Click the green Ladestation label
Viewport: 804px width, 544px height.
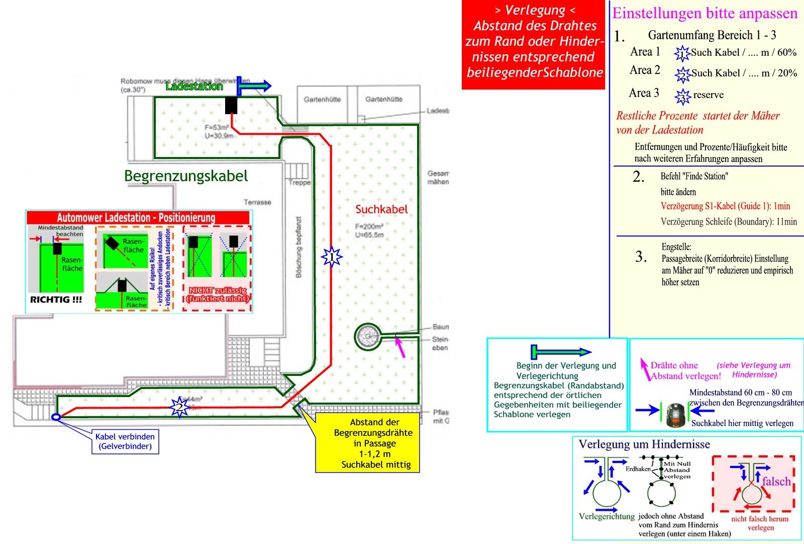coord(194,87)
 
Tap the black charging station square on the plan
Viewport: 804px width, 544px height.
coord(231,105)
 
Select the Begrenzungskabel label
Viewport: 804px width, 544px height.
coord(186,176)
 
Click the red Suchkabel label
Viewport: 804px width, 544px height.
coord(381,209)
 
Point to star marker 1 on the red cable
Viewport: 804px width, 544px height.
coord(332,258)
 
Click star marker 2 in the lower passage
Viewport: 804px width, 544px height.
coord(179,407)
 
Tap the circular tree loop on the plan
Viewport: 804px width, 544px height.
coord(368,336)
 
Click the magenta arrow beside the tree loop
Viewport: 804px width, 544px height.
coord(401,347)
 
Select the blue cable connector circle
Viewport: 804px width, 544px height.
coord(56,417)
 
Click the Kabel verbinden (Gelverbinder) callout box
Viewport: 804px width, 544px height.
coord(125,441)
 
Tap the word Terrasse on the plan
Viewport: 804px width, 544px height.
coord(257,202)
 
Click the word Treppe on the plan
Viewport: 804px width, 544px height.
coord(299,183)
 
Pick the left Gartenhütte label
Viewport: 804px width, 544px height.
coord(322,100)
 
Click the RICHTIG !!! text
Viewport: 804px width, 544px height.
coord(56,300)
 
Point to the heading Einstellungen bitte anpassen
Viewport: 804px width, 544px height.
coord(705,14)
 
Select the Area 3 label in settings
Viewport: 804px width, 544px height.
coord(644,93)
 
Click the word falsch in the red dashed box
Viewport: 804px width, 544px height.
coord(776,482)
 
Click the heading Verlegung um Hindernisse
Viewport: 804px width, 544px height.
coord(644,444)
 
